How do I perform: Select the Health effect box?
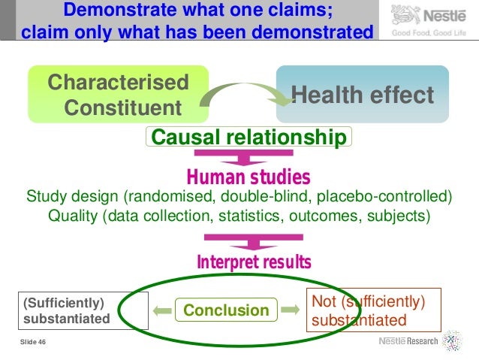[362, 95]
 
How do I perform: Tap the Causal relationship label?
[249, 138]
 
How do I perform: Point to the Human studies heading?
[248, 177]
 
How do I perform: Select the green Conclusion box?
[226, 310]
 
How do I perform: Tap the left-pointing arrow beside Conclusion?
[160, 310]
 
